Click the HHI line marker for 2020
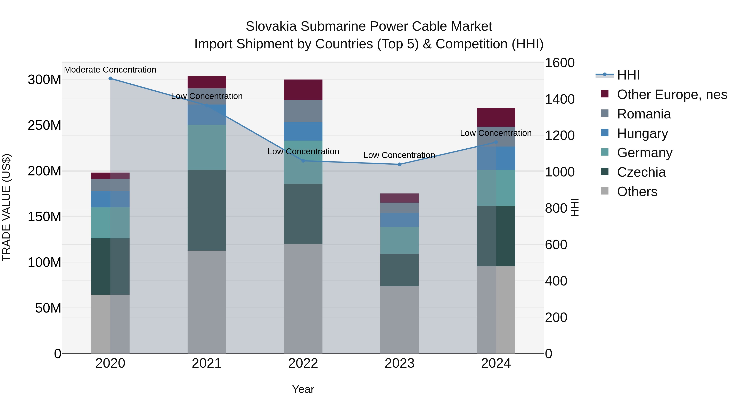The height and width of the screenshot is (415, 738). click(110, 78)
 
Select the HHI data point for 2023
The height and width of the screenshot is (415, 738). click(400, 164)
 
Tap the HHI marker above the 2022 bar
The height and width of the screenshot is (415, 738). click(303, 161)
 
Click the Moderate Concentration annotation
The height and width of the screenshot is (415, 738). click(110, 70)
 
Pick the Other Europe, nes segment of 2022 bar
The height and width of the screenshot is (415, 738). click(303, 90)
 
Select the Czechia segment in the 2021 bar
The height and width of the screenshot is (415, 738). click(207, 210)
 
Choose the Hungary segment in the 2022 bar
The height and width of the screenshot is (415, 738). click(303, 131)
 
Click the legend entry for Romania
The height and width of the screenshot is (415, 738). click(644, 114)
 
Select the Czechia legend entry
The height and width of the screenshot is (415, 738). click(641, 172)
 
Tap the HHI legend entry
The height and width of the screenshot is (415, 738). click(628, 75)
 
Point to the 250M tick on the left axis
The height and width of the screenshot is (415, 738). click(44, 125)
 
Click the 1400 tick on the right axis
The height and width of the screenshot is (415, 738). click(559, 99)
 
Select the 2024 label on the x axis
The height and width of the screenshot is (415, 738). click(496, 363)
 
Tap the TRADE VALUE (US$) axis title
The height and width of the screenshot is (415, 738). click(6, 208)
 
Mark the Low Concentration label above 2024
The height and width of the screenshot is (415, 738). click(496, 133)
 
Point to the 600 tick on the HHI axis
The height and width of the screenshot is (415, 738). click(556, 245)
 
